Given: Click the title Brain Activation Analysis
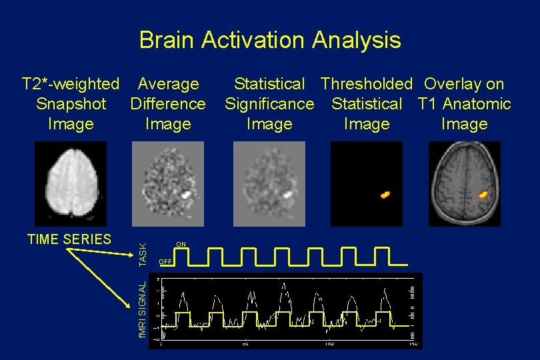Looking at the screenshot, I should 270,40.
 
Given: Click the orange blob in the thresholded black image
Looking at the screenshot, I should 385,195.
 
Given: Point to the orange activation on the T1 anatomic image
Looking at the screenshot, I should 483,195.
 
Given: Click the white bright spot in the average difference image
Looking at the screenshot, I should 187,195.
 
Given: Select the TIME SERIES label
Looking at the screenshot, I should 69,239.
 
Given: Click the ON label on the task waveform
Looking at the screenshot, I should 181,243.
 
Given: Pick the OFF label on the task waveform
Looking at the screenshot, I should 166,261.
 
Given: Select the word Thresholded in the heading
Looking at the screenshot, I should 366,84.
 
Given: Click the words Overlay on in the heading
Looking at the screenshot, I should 464,84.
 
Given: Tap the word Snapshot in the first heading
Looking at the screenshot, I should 71,104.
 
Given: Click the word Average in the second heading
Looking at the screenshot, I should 168,84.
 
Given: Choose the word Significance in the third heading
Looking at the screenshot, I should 269,104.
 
